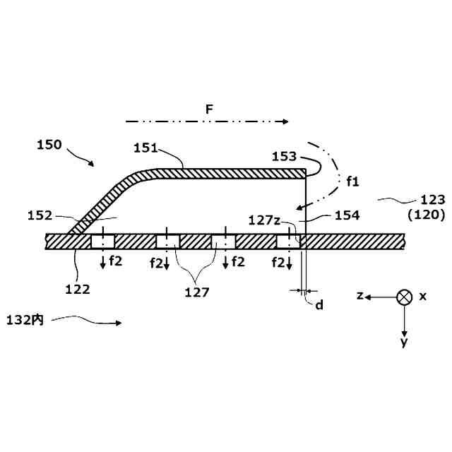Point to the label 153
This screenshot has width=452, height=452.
(x=284, y=157)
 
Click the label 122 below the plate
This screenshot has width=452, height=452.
(x=78, y=288)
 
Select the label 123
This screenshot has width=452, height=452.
(x=432, y=200)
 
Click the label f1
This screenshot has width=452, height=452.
(x=353, y=182)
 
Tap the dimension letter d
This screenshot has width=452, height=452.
(x=319, y=305)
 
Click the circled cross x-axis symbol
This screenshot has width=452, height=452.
(x=404, y=297)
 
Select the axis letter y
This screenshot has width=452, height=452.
(x=404, y=342)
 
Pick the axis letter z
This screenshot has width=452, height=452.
(x=359, y=297)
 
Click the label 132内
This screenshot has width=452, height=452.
(x=27, y=320)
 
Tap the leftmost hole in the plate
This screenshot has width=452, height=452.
(x=102, y=242)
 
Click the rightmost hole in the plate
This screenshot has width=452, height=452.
(x=288, y=242)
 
